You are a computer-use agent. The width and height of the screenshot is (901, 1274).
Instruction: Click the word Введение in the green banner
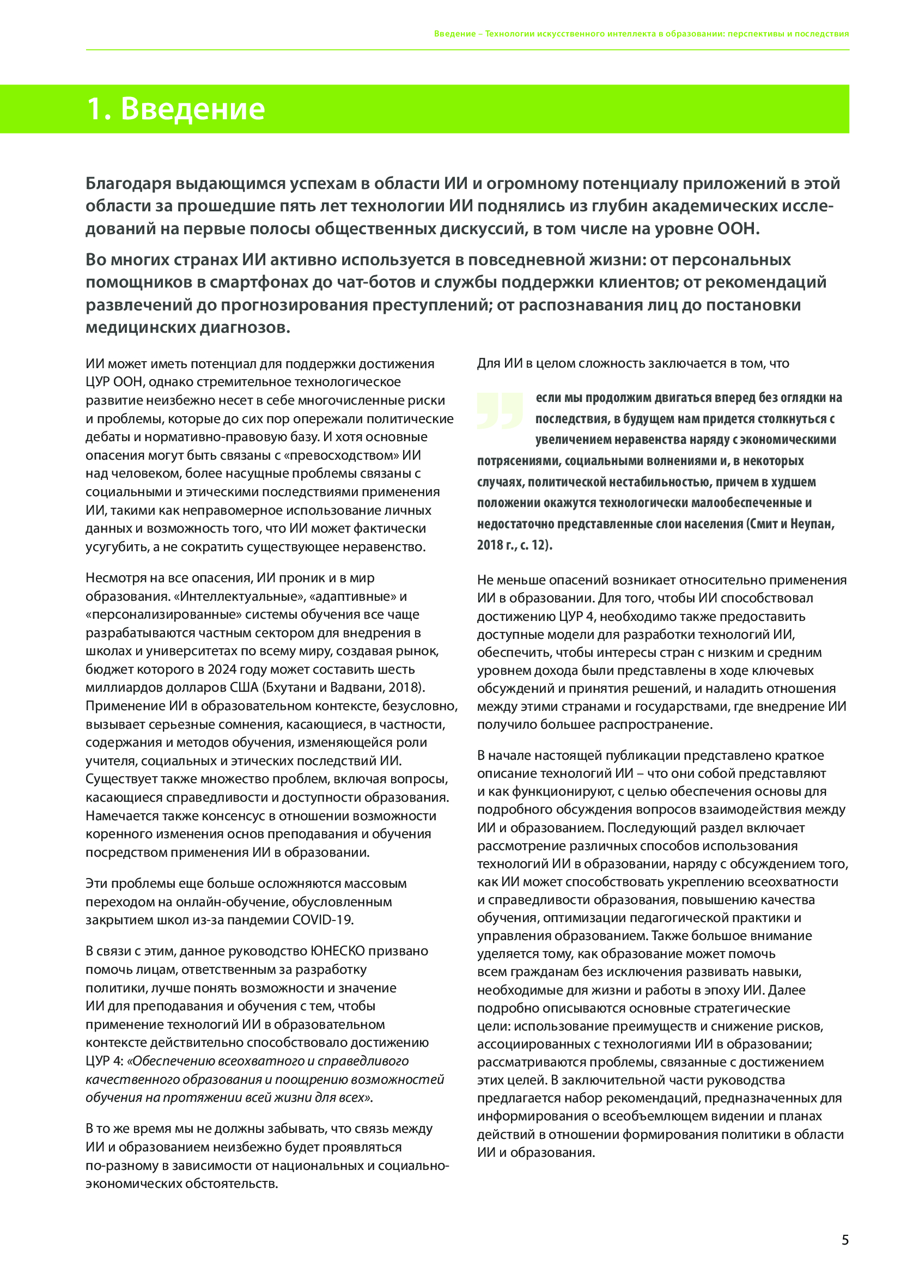[192, 109]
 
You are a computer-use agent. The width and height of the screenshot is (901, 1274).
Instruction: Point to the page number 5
[845, 1240]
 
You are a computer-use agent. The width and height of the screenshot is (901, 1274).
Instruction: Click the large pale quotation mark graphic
[500, 411]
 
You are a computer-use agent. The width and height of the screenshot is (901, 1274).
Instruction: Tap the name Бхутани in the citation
[288, 687]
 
